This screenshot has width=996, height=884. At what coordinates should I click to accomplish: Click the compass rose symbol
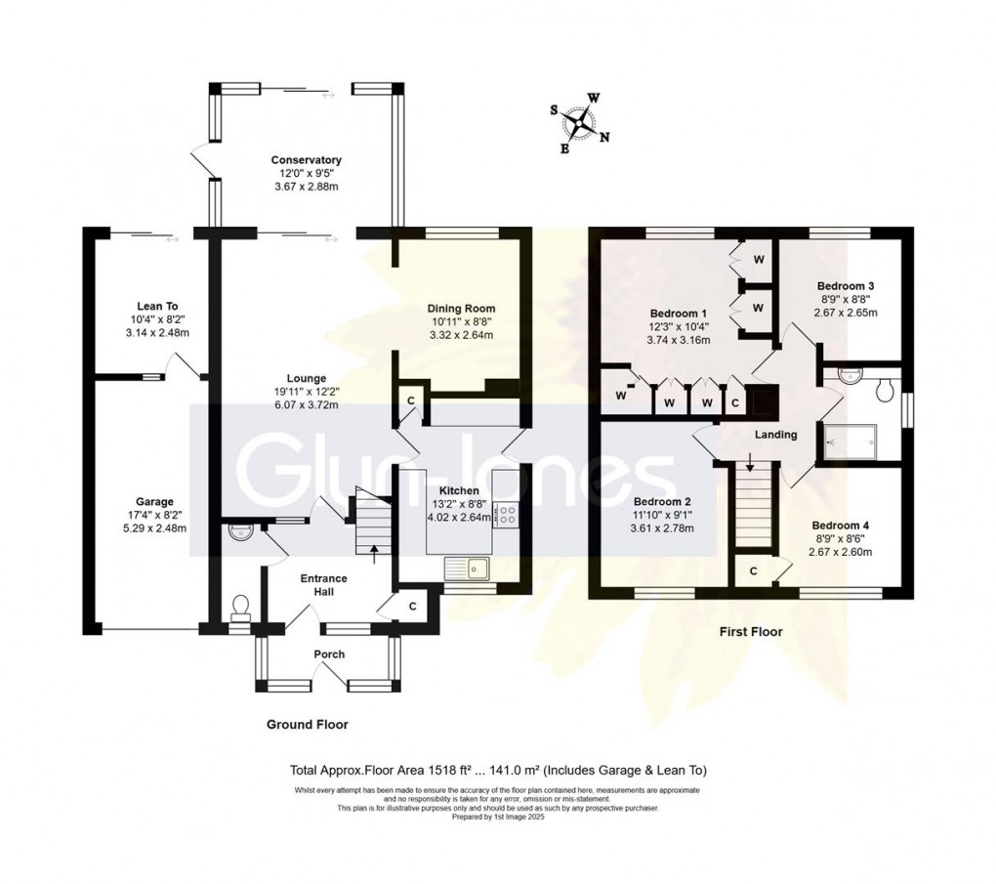[x=582, y=124]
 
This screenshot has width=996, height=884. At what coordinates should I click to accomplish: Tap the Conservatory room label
[x=306, y=160]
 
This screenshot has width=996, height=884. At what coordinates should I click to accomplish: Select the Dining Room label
[x=461, y=309]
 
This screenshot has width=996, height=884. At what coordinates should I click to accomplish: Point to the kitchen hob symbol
[x=508, y=514]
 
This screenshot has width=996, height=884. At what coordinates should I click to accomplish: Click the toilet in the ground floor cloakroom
[x=238, y=609]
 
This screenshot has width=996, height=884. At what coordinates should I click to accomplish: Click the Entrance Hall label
[x=323, y=586]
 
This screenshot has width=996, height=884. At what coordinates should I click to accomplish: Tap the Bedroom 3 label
[x=847, y=286]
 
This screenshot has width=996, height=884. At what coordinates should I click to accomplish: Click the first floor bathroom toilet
[x=886, y=391]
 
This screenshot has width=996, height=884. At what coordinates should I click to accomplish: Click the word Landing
[x=776, y=435]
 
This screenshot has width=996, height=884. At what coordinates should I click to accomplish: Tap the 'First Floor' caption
[x=751, y=632]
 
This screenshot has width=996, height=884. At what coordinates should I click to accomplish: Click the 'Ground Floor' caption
[x=308, y=725]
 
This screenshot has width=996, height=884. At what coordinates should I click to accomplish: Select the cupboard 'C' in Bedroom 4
[x=754, y=570]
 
